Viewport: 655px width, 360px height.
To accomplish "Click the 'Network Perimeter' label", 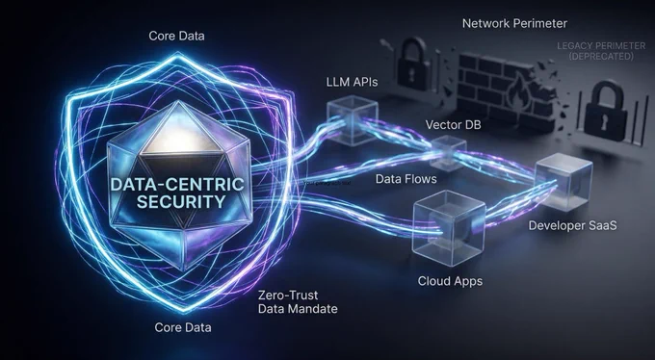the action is click(x=514, y=23).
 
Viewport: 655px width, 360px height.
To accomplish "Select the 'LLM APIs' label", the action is click(x=352, y=82).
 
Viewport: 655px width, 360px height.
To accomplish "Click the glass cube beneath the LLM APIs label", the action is click(x=353, y=120).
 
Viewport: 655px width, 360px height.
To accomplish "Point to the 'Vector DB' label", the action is click(x=453, y=124).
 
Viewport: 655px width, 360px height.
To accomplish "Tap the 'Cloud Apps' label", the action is click(x=450, y=281).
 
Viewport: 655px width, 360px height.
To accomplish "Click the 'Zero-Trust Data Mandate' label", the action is click(x=298, y=302).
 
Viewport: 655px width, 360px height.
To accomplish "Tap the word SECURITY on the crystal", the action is click(x=181, y=201).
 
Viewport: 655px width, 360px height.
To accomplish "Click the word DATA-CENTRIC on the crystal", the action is click(x=177, y=184).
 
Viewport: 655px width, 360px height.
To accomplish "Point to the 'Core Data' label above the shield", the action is click(x=176, y=36).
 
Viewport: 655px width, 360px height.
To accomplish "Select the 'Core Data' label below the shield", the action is click(x=183, y=327).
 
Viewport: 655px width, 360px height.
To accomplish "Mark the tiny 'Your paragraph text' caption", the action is click(x=327, y=183).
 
